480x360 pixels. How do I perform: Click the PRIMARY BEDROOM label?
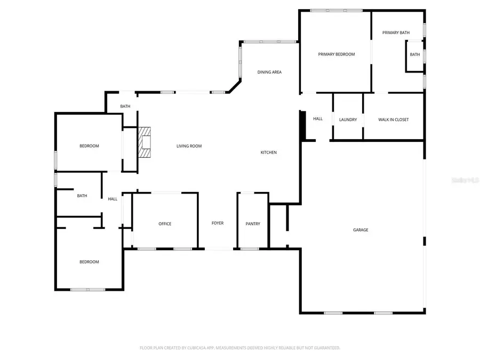[336, 54]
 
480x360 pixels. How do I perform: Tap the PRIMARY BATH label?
[396, 33]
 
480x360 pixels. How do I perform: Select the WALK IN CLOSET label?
[393, 119]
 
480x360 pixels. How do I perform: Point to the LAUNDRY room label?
[348, 119]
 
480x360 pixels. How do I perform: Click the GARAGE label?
[361, 230]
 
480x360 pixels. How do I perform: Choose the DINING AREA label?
[269, 72]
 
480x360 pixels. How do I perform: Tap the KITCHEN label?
[268, 153]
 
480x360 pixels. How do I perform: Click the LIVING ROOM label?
[189, 146]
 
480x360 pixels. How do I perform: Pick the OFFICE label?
[165, 223]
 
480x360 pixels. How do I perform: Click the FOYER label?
[218, 223]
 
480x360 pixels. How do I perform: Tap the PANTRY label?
[253, 223]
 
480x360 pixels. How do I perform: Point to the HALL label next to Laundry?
[318, 119]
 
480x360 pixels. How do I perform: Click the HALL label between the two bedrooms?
[113, 199]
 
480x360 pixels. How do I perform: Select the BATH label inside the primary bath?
[414, 54]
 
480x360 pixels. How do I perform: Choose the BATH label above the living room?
[125, 106]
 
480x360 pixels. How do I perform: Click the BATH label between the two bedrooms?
[82, 196]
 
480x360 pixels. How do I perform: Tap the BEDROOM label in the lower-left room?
[89, 262]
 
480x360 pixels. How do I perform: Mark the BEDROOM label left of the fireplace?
[89, 146]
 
